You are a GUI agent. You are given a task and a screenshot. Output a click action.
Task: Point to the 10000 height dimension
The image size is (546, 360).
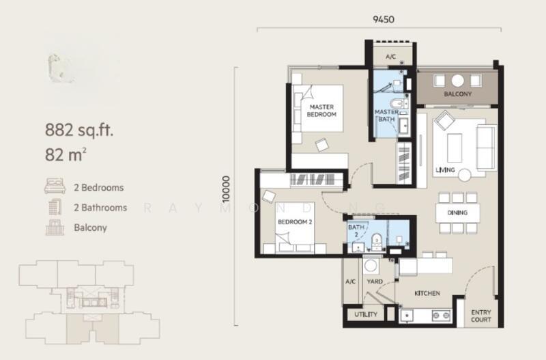pyautogui.click(x=235, y=189)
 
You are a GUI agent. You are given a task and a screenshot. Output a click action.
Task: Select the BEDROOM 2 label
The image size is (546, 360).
pyautogui.click(x=294, y=222)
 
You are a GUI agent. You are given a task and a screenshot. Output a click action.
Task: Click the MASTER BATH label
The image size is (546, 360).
pyautogui.click(x=386, y=116)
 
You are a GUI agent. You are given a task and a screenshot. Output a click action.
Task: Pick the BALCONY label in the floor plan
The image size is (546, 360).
pyautogui.click(x=457, y=94)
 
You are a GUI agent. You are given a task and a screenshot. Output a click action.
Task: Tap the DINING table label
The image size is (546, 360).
pyautogui.click(x=457, y=212)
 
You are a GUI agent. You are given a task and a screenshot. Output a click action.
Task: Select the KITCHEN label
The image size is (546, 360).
pyautogui.click(x=427, y=293)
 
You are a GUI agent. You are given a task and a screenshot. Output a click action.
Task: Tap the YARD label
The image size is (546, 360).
pyautogui.click(x=374, y=280)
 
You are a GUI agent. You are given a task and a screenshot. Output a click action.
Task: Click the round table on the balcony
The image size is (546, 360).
pyautogui.click(x=457, y=78)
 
